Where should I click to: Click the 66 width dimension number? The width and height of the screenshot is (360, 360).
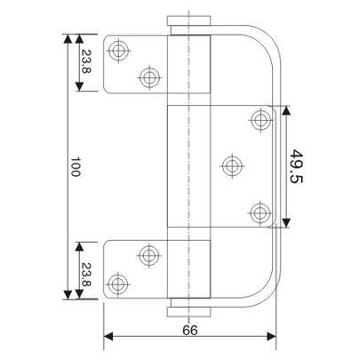pyautogui.click(x=189, y=328)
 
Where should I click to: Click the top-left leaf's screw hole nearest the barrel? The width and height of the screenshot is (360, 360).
pyautogui.click(x=149, y=76)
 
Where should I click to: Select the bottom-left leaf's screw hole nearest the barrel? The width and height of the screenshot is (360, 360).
pyautogui.click(x=149, y=255)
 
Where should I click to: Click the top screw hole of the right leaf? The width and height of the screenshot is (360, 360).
pyautogui.click(x=260, y=119)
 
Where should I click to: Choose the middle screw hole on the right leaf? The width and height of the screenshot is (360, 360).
pyautogui.click(x=232, y=164)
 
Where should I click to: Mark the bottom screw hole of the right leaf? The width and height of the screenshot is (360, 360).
pyautogui.click(x=260, y=212)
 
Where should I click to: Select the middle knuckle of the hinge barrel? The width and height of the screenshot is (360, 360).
pyautogui.click(x=189, y=167)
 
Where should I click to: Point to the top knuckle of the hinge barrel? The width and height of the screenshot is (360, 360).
pyautogui.click(x=189, y=67)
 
